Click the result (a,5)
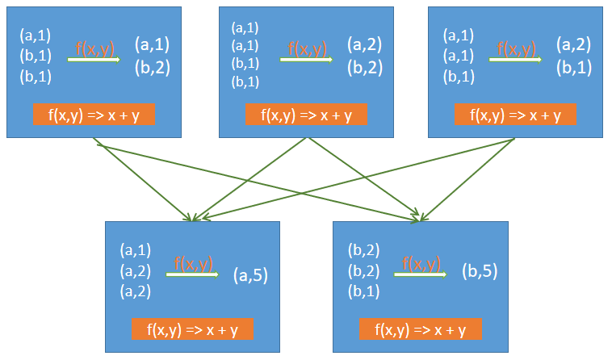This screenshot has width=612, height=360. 250,277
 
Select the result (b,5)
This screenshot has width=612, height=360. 479,271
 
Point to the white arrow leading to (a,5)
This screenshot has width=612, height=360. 192,275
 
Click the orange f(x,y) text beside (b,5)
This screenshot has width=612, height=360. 421,263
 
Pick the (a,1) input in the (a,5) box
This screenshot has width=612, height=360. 135,249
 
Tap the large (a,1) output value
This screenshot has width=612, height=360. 153,44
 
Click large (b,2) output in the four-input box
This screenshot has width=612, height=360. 365,68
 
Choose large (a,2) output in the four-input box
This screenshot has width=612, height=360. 365,44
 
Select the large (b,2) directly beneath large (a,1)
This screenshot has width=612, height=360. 153,67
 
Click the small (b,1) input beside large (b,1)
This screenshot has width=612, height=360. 459,77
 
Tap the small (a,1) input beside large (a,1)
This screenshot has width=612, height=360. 36,36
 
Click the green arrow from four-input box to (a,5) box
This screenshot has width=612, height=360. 249,178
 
